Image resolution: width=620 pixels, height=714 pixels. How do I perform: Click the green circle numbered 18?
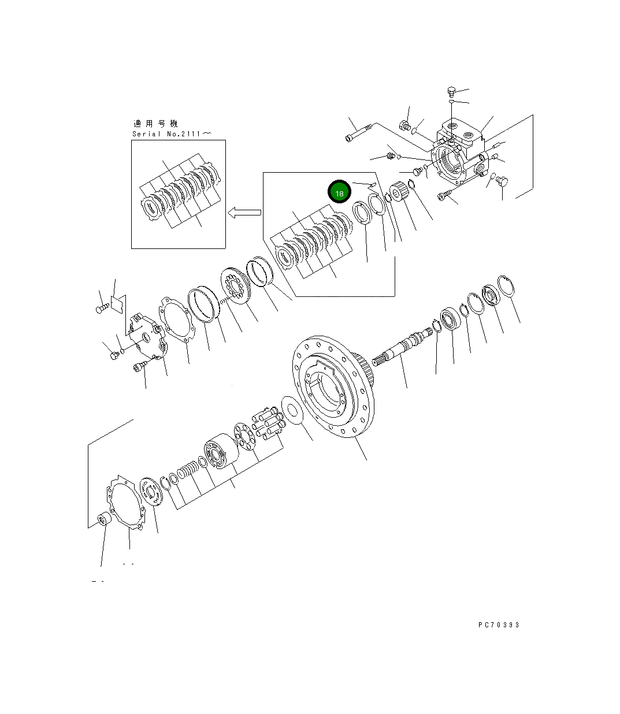point(339,192)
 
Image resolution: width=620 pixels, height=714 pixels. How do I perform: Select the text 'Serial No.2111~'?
point(171,134)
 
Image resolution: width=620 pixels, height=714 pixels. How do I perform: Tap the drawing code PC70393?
point(499,625)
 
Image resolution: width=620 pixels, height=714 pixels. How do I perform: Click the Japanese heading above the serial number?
point(155,124)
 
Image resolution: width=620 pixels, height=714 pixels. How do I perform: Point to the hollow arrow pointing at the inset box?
point(244,213)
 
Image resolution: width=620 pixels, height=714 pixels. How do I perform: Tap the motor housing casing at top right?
point(460,153)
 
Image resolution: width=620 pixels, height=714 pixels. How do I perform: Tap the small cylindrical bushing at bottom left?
point(104,518)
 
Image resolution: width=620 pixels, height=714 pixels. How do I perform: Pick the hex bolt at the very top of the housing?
point(452,91)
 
